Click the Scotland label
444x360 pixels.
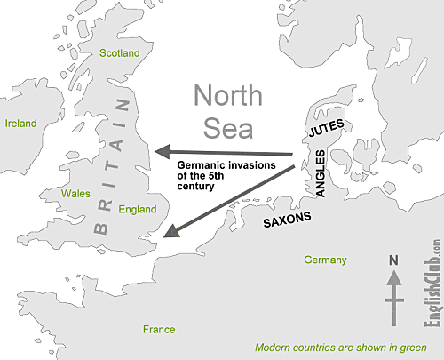[119, 53]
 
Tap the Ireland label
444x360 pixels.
[20, 123]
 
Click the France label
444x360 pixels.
[159, 330]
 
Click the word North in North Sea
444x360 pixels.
[227, 96]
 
